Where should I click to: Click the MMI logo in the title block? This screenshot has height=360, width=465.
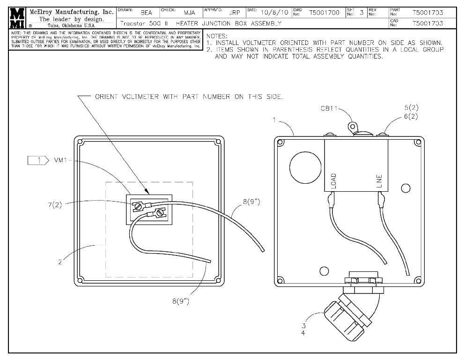[18, 18]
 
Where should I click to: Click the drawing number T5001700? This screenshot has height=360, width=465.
[324, 13]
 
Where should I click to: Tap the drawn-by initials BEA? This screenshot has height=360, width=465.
[146, 13]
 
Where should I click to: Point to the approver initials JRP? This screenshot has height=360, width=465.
[234, 13]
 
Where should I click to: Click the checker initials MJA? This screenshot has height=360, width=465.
[189, 13]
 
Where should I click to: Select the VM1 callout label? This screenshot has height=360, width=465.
[60, 160]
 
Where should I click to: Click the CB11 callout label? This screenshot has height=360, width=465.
[329, 109]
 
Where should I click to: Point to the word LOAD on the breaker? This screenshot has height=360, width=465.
[333, 180]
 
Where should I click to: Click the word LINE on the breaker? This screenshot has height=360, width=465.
[380, 180]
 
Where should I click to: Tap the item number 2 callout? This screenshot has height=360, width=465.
[60, 262]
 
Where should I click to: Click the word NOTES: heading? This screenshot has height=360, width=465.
[217, 36]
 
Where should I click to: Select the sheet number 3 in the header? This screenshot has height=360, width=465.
[362, 13]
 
